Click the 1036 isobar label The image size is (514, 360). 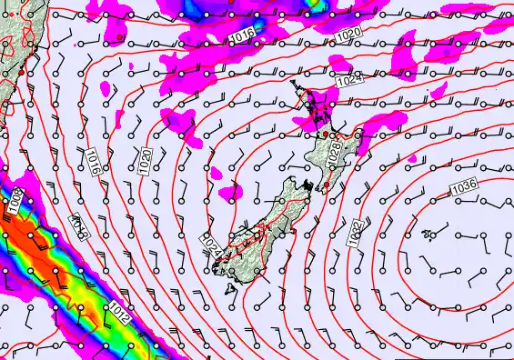pyautogui.click(x=464, y=186)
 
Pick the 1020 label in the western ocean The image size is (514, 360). pyautogui.click(x=145, y=161)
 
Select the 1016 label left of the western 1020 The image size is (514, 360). pyautogui.click(x=93, y=161)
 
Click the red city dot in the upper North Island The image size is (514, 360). pyautogui.click(x=325, y=135)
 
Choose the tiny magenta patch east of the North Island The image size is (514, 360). pyautogui.click(x=412, y=159)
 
